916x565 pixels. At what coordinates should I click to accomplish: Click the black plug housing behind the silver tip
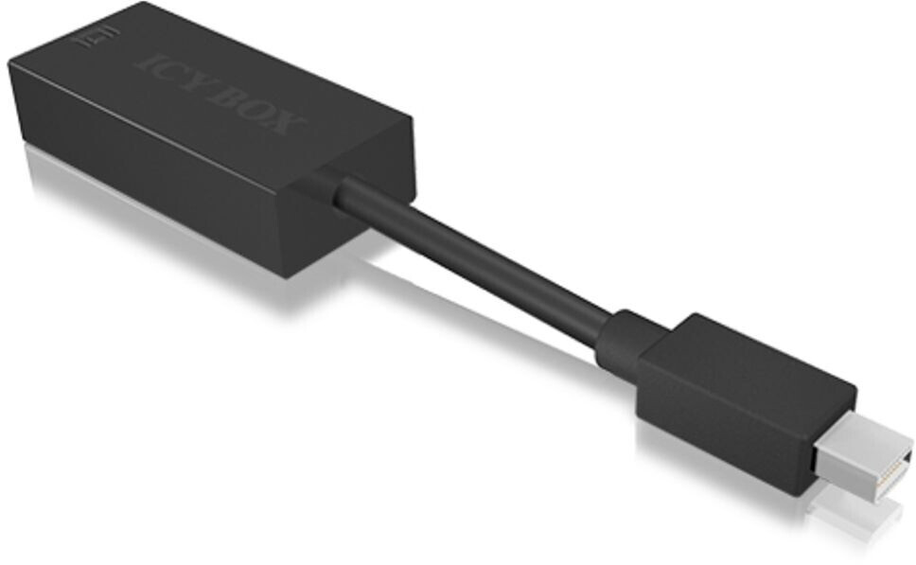click(748, 397)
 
